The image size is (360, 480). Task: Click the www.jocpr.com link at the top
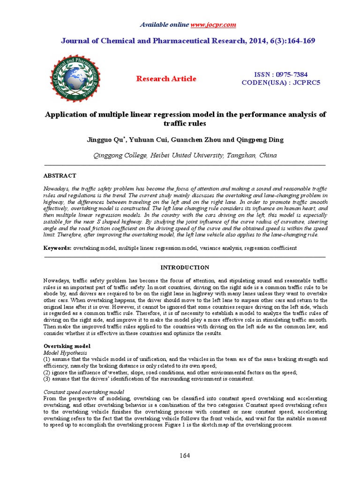tap(213, 24)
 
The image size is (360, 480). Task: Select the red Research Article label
tap(166, 79)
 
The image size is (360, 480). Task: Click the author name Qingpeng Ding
tap(256, 140)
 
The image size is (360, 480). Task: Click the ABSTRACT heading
tap(60, 175)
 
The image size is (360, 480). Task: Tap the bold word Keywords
tap(58, 248)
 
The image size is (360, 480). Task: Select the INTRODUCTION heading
tap(185, 267)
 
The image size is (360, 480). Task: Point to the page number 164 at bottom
tap(184, 456)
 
